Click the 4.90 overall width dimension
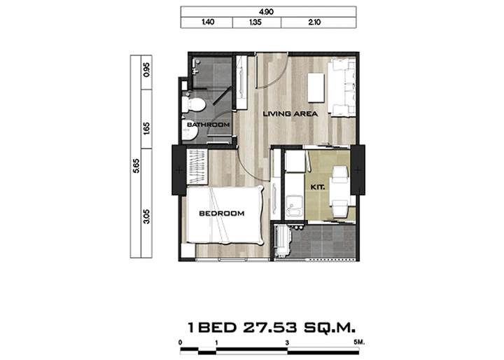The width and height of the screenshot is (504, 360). tap(266, 12)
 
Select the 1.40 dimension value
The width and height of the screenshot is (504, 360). tap(208, 22)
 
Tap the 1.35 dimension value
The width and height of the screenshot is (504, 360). tap(255, 22)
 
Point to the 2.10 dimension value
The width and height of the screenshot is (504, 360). tap(314, 22)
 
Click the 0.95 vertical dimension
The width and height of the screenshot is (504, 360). tap(146, 69)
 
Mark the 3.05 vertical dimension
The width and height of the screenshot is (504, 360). tap(146, 216)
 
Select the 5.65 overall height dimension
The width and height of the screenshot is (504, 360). tap(136, 166)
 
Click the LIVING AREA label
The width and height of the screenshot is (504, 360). tap(290, 113)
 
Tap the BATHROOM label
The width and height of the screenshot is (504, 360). tap(209, 125)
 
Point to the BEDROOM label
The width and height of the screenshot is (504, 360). tap(222, 214)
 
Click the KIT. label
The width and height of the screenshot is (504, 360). tap(318, 187)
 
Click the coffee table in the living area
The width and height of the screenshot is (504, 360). tap(316, 88)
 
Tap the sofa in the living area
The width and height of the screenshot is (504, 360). tap(342, 87)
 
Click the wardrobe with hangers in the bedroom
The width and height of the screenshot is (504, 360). tap(197, 167)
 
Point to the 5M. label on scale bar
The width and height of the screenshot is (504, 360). tap(359, 342)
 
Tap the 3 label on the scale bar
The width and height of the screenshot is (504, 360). tap(287, 343)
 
